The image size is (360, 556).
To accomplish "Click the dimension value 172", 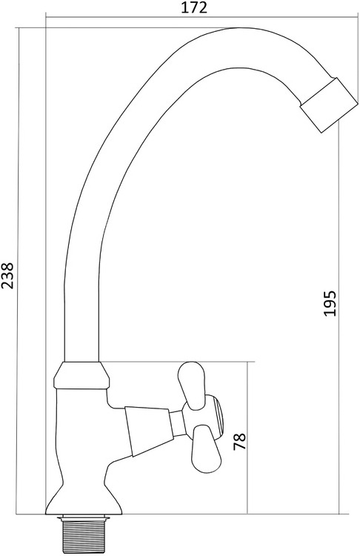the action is coord(194,7).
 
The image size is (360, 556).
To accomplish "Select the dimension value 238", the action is coord(7,276).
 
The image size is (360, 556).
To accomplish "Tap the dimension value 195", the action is coord(329,303).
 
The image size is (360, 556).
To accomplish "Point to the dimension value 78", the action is coord(239,442).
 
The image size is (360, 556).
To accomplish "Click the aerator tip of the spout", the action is coord(329,105).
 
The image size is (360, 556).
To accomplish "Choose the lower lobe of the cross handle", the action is coord(206,449).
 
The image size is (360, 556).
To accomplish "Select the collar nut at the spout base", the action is coord(81,374).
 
